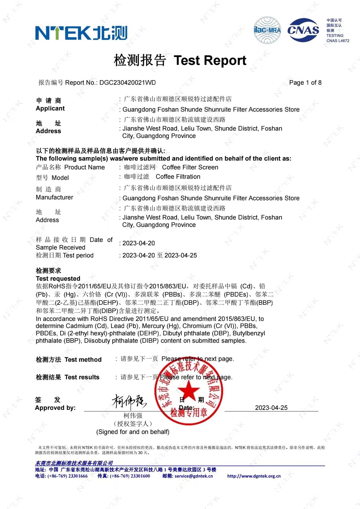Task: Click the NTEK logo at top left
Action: [x=81, y=33]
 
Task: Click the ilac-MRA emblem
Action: [x=267, y=30]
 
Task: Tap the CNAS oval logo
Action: [x=303, y=30]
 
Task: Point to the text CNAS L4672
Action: [x=338, y=41]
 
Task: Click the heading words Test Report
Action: [x=210, y=61]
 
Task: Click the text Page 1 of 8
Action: [x=305, y=83]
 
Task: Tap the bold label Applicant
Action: [x=50, y=108]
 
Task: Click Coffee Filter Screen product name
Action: [x=190, y=167]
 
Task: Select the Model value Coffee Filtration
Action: [x=178, y=177]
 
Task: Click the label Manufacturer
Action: [x=54, y=197]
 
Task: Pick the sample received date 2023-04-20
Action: [x=139, y=243]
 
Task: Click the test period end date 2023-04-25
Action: [x=181, y=255]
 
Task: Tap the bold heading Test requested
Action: [x=58, y=279]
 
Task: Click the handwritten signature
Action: [x=129, y=401]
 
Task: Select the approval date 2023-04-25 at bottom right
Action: [x=271, y=408]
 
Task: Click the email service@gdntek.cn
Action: [x=193, y=476]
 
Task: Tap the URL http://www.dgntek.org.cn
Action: [x=254, y=476]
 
